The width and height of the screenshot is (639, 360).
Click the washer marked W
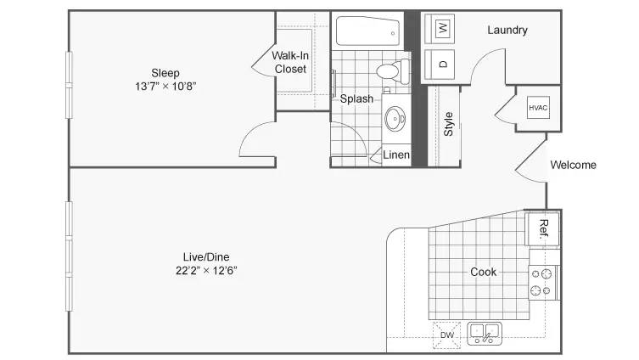point(440,29)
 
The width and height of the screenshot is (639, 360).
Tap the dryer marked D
point(440,65)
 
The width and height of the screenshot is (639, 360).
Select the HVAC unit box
point(538,108)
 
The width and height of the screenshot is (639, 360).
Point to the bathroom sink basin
point(395,119)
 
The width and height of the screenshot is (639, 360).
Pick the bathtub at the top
point(368,31)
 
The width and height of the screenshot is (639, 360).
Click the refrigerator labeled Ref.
point(542,228)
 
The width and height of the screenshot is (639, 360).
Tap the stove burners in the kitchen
point(541,283)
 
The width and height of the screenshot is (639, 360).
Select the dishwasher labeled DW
point(447,335)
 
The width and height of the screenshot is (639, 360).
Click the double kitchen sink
point(485,333)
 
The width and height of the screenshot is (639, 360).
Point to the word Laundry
point(507,31)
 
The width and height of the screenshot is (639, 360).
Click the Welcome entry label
point(573,165)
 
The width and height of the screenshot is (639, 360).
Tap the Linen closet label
point(396,155)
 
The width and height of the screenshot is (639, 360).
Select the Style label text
point(448,124)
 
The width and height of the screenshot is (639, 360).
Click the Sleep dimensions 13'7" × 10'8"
point(165,87)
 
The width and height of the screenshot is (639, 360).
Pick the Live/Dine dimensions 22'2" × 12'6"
point(206,271)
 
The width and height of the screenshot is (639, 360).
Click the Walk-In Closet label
point(290,62)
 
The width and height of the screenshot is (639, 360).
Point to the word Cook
point(484,272)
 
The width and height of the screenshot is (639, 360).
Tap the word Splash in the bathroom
point(356,98)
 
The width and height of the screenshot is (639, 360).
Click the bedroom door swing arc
point(249,132)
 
